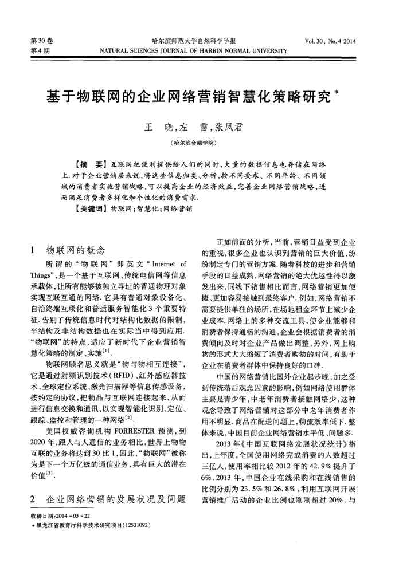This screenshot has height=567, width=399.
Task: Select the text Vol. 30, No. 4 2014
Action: pyautogui.click(x=331, y=41)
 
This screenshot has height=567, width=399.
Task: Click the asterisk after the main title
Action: pyautogui.click(x=351, y=90)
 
